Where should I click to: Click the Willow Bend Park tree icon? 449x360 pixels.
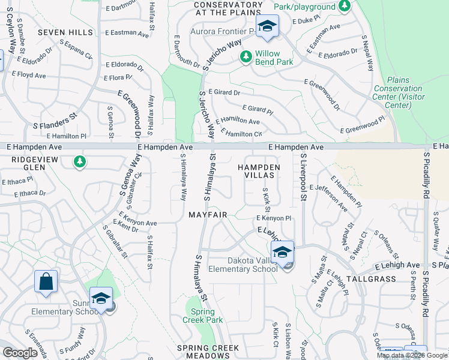(246, 57)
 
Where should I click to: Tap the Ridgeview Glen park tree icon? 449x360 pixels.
(79, 161)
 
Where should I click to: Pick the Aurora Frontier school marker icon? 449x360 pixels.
(267, 26)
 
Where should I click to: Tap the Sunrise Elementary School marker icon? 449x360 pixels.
(101, 299)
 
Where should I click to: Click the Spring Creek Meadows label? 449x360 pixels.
(208, 352)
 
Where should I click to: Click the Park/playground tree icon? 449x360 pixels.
(345, 6)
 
